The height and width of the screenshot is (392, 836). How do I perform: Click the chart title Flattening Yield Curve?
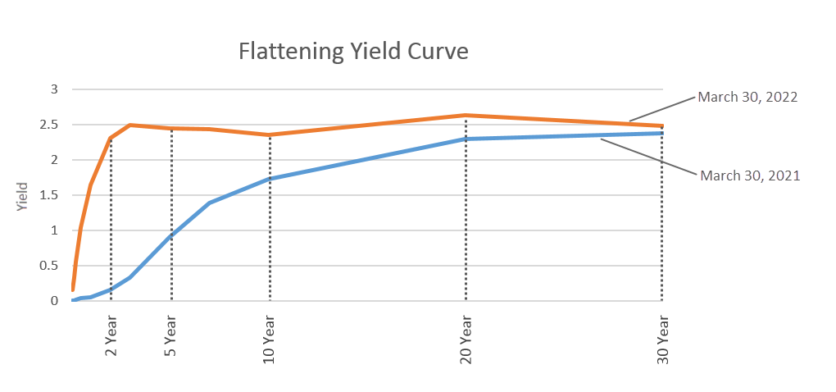353,52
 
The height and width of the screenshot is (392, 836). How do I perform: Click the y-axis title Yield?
23,197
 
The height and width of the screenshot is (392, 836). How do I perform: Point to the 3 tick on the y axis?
54,89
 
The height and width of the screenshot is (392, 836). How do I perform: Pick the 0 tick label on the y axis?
54,301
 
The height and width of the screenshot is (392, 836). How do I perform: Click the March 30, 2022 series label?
747,97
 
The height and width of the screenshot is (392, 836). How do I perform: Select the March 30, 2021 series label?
749,175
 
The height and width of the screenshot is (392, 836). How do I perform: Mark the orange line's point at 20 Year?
466,115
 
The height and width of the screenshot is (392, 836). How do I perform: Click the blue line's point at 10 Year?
270,179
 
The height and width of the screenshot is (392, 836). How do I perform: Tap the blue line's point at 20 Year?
466,139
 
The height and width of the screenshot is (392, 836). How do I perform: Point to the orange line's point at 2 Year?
111,138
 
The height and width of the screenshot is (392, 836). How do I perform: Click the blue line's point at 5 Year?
171,236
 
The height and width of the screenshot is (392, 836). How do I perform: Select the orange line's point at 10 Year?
270,134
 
